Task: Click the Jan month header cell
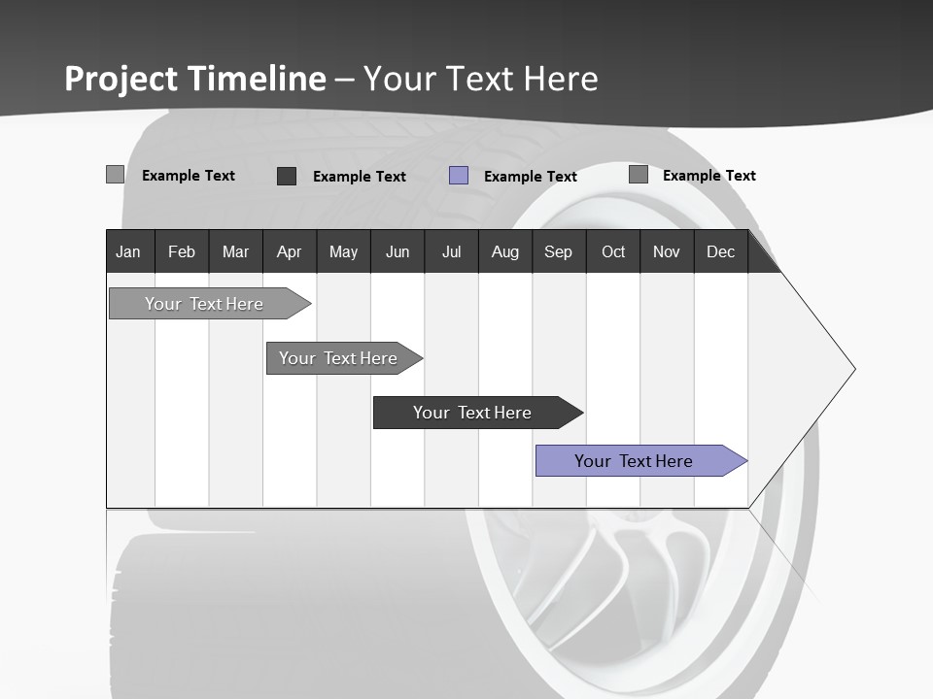click(x=129, y=251)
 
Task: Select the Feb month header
click(x=182, y=251)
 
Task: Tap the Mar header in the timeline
click(x=235, y=251)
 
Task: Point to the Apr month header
click(x=290, y=251)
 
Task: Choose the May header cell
click(x=343, y=251)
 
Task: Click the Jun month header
click(x=397, y=251)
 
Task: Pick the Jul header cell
click(x=451, y=251)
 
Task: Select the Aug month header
click(x=505, y=251)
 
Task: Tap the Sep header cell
click(x=559, y=251)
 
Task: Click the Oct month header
click(x=613, y=251)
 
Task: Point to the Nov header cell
click(x=667, y=251)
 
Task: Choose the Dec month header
click(x=721, y=251)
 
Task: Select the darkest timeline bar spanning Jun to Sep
click(x=473, y=413)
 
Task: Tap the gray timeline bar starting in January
click(x=205, y=304)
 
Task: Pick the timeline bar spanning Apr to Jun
click(x=339, y=358)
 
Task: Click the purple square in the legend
click(x=459, y=176)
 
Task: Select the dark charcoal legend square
click(x=287, y=176)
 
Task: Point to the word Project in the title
click(x=121, y=79)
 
